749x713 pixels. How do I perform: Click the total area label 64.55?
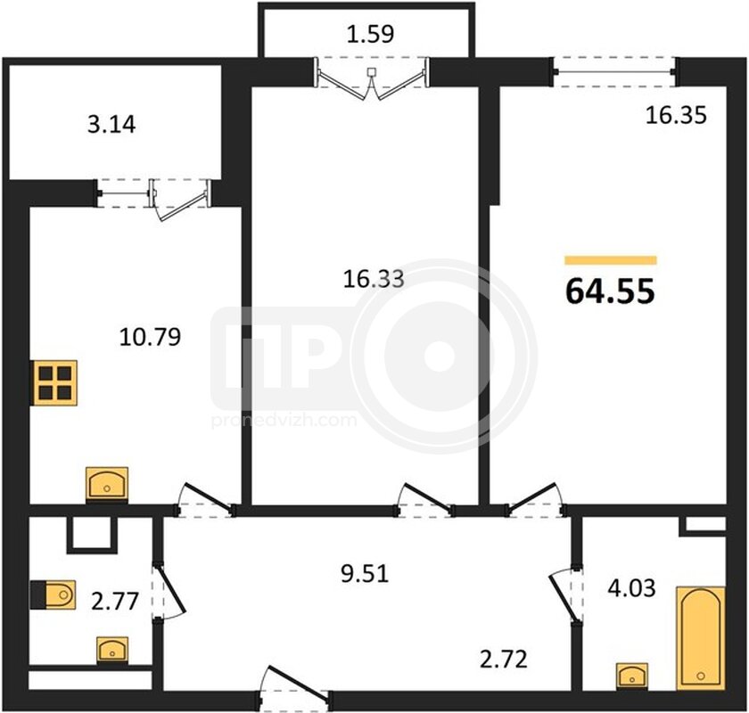[x=610, y=291]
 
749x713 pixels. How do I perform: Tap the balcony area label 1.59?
[x=370, y=34]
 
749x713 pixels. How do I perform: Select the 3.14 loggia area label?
[x=111, y=124]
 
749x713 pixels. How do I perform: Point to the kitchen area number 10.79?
[x=150, y=337]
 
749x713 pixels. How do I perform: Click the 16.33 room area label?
[x=374, y=278]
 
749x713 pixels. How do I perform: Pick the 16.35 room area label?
[x=676, y=116]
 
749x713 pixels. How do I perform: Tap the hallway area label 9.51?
[x=365, y=574]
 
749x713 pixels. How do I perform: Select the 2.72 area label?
[x=504, y=659]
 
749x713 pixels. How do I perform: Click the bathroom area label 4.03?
[x=631, y=588]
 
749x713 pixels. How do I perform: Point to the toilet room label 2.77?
[x=115, y=601]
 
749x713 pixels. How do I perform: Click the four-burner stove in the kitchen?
[x=54, y=383]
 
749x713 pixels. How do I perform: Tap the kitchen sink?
[x=107, y=484]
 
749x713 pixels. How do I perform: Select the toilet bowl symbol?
[x=53, y=595]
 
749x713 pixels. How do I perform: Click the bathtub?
[x=701, y=638]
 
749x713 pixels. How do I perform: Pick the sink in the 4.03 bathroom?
[x=632, y=676]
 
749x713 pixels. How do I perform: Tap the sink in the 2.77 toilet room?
[x=112, y=650]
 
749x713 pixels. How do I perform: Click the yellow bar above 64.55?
[x=611, y=260]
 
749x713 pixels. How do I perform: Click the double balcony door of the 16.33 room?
[x=372, y=78]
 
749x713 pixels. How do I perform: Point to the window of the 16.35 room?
[x=615, y=72]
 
